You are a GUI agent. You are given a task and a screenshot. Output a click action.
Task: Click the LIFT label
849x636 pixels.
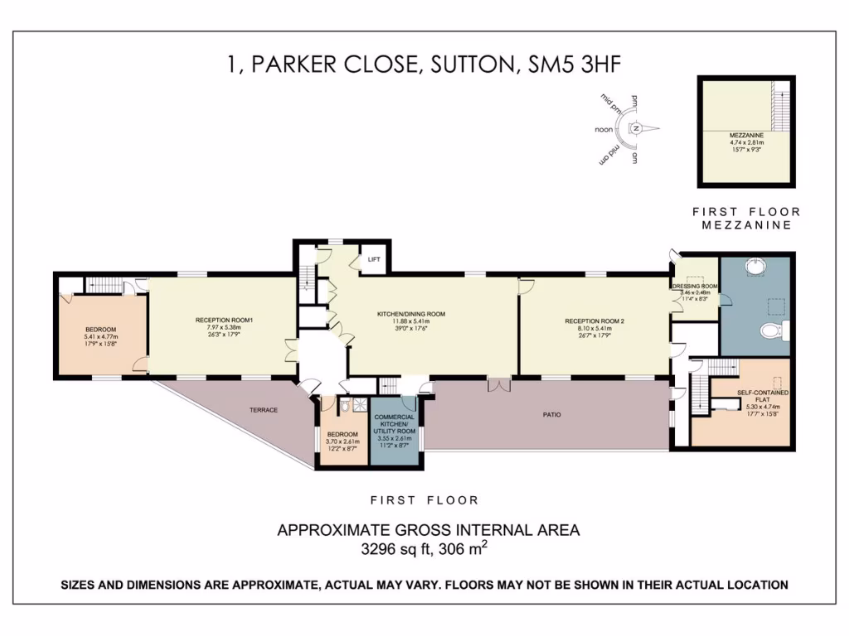(x=374, y=259)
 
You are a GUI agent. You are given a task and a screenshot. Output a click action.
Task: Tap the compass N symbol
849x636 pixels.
(x=636, y=128)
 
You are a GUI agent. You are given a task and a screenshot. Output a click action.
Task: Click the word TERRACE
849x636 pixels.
(x=262, y=410)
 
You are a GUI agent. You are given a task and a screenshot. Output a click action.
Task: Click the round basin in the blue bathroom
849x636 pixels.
(x=754, y=269)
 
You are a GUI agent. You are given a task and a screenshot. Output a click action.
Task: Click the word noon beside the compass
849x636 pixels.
(x=604, y=130)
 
